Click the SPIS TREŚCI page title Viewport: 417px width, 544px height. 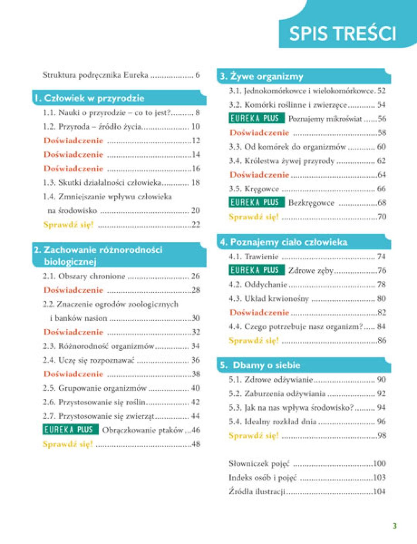tap(342, 34)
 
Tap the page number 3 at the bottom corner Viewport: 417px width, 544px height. tap(395, 525)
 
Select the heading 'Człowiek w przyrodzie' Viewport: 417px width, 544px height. tap(94, 98)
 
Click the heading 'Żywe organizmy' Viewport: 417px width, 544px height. tap(266, 76)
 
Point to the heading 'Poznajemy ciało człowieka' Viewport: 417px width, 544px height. tap(288, 242)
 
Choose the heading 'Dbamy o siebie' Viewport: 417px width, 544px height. tap(266, 365)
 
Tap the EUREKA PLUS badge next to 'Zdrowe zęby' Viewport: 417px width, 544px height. tap(256, 270)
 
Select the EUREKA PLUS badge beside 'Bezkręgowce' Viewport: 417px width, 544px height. tap(256, 202)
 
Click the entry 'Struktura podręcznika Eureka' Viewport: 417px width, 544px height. tap(95, 75)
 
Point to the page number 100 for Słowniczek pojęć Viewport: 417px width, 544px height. tap(379, 463)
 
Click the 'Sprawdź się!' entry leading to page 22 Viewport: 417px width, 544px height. tap(69, 224)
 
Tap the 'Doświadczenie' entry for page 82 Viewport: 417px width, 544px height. tap(259, 312)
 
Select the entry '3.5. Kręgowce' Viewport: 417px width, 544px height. tap(254, 189)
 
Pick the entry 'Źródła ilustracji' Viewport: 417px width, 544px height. tap(257, 491)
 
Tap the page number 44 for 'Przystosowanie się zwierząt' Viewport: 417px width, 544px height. tap(195, 416)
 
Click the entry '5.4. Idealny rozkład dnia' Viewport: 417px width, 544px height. tap(273, 421)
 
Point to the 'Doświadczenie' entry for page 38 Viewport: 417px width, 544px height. tap(73, 374)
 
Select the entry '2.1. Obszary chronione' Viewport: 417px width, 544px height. tap(84, 276)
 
